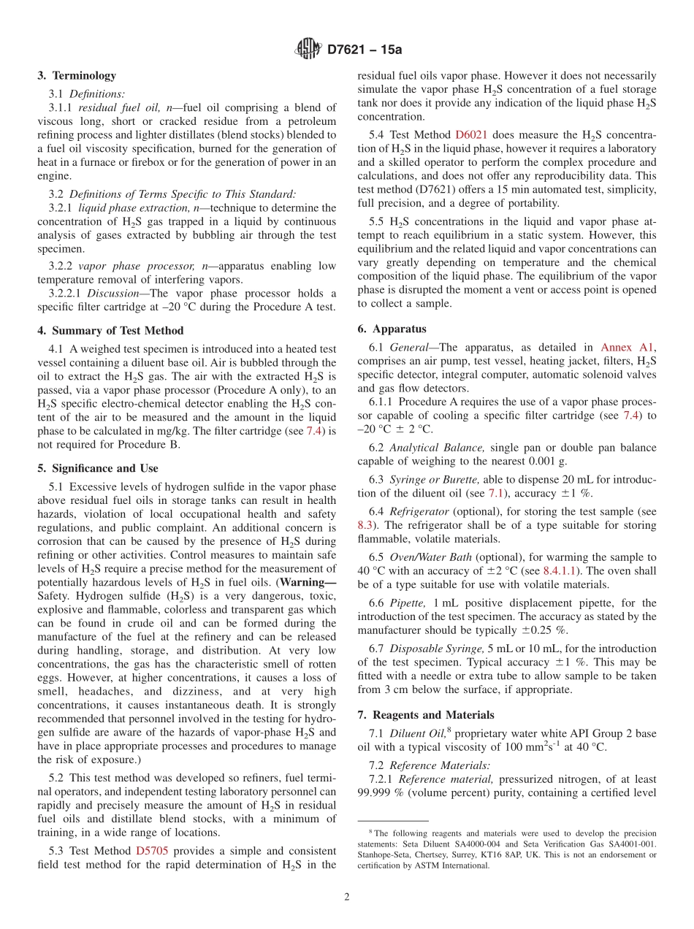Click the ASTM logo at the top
click(308, 50)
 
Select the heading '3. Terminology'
click(77, 75)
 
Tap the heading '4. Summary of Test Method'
click(110, 331)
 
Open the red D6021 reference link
click(471, 134)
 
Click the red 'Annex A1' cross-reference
click(628, 348)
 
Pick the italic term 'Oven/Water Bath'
click(431, 557)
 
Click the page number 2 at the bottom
click(347, 898)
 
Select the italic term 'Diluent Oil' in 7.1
click(414, 733)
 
